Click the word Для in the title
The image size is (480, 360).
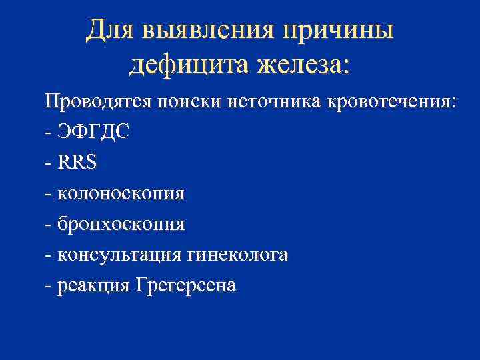point(109,30)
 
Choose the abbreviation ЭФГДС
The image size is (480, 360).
point(93,132)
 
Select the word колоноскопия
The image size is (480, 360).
point(121,194)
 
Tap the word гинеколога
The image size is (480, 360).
point(238,255)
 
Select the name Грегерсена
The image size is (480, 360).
point(185,286)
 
